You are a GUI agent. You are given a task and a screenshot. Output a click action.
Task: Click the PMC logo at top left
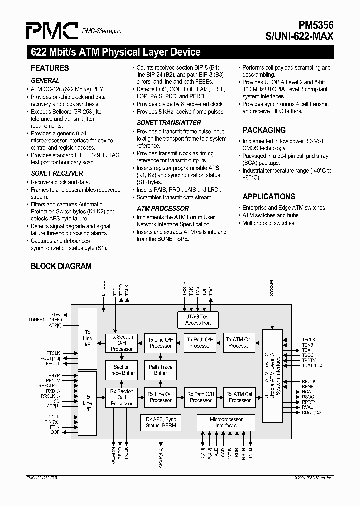pos(52,31)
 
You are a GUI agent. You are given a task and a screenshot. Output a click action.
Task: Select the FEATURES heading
pos(50,68)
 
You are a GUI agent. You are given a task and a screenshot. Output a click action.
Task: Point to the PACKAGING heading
pos(264,130)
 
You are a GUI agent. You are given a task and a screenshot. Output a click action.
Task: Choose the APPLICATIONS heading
pos(268,196)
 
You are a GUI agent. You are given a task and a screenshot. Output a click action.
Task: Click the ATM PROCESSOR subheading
pos(163,208)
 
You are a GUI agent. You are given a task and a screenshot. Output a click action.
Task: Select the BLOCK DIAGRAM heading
pos(61,266)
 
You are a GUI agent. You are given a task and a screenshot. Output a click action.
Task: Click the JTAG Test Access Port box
pos(198,320)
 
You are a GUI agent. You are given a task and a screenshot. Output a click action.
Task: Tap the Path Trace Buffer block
pos(161,370)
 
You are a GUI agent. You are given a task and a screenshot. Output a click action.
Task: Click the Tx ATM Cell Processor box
pos(239,342)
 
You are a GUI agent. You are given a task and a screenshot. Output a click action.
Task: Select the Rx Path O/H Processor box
pos(200,397)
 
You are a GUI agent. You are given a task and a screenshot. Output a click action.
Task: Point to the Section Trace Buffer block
pos(121,370)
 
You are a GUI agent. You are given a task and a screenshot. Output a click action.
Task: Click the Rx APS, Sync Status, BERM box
pos(161,422)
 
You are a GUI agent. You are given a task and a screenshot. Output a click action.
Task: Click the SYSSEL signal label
pos(272,288)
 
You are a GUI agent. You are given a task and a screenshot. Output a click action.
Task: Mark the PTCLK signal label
pos(53,353)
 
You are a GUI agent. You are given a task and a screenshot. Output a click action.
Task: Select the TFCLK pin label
pos(309,340)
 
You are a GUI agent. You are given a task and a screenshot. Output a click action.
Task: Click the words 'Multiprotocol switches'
pos(269,223)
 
